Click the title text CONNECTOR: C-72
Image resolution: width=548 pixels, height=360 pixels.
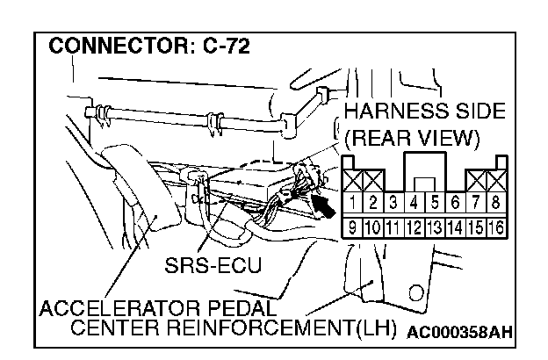(x=148, y=45)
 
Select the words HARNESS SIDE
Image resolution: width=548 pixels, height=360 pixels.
(x=424, y=112)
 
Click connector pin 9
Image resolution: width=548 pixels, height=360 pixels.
(x=352, y=228)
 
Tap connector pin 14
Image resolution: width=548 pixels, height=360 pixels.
(x=456, y=228)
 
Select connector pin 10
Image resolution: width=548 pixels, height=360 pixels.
(x=372, y=228)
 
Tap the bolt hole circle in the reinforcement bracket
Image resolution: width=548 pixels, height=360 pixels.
(x=419, y=289)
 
